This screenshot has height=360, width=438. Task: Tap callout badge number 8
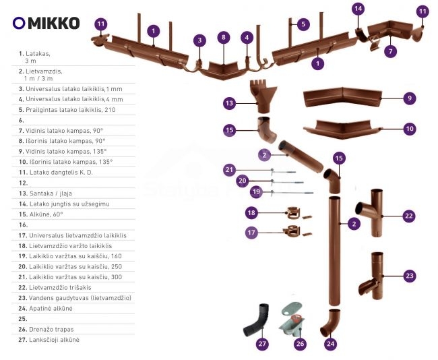tap(223, 37)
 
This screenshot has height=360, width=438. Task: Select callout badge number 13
tap(230, 103)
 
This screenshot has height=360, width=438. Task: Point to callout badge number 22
tap(408, 216)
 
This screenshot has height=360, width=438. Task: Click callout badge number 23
tap(409, 276)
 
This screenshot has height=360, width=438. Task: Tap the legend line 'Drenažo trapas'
tap(51, 329)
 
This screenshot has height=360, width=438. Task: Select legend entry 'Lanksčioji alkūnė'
tap(53, 340)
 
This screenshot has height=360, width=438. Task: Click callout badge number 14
tap(358, 9)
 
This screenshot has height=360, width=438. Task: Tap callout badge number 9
tap(408, 98)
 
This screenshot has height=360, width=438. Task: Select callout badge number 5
tap(303, 24)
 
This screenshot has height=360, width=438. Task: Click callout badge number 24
tap(330, 344)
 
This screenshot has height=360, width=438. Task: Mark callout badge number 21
tap(230, 169)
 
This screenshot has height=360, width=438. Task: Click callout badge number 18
tap(251, 213)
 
